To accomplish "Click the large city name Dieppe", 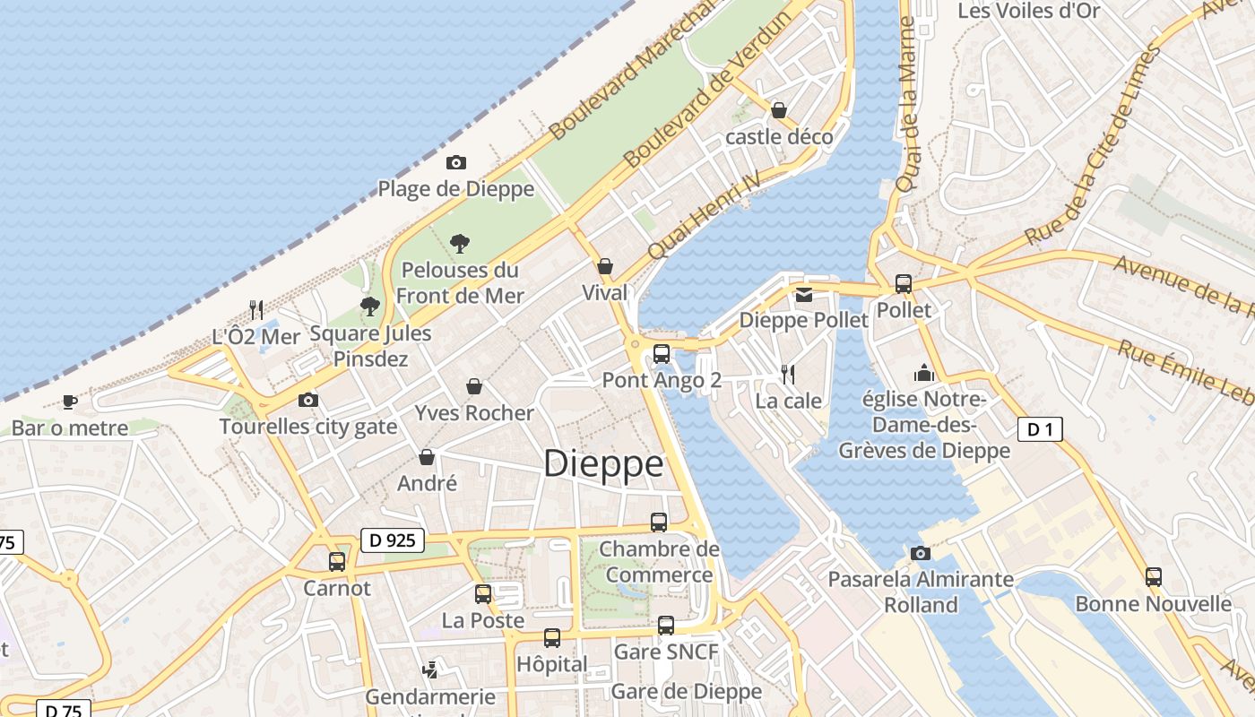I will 603,464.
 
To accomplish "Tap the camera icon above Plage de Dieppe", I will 456,162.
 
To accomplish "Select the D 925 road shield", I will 393,540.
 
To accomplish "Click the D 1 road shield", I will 1040,429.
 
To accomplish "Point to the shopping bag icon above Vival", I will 605,266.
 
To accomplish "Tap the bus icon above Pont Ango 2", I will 662,353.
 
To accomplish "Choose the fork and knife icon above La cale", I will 788,374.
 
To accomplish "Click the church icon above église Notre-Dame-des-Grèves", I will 924,373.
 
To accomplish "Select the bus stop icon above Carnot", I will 337,562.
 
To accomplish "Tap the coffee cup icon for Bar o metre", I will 70,402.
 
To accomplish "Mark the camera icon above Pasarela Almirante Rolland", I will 920,553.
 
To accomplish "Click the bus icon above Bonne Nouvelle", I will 1154,577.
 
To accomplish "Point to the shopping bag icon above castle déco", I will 779,110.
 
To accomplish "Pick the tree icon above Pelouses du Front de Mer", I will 460,243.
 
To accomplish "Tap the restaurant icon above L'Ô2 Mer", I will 256,310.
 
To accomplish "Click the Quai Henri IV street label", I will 704,215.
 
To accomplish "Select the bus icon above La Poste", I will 483,593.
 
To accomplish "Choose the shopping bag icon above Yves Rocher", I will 474,386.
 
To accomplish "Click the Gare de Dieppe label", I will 686,691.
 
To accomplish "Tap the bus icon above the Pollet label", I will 904,284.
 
